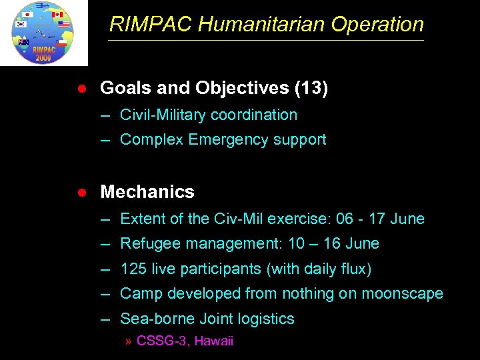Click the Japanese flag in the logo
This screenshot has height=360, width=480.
tap(27, 15)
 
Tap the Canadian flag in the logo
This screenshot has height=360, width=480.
tap(57, 15)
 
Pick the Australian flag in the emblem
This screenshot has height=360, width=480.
tap(24, 43)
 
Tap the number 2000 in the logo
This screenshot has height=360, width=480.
tap(43, 57)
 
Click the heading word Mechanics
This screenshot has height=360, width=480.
tap(147, 192)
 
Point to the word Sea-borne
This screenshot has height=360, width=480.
tap(151, 319)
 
